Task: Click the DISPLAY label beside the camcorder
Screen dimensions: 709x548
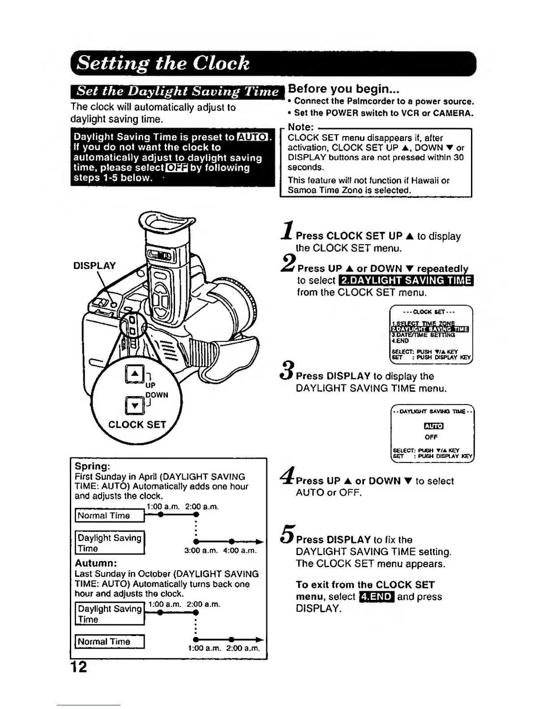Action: (94, 266)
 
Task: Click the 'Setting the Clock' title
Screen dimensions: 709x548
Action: (163, 63)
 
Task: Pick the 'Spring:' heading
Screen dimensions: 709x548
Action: (92, 466)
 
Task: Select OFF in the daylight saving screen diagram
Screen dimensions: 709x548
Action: (431, 437)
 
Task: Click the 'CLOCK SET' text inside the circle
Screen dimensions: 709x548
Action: (137, 425)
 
